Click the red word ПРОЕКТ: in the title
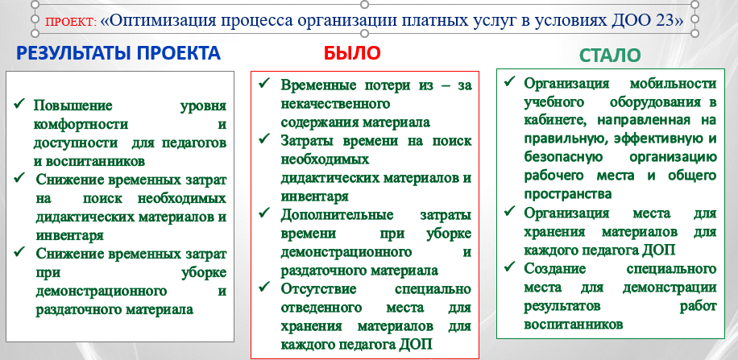[71, 22]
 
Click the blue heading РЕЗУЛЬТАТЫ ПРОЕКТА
[118, 53]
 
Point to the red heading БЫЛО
[351, 53]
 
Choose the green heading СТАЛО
[610, 56]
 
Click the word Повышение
[73, 106]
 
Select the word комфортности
[81, 125]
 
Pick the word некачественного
[336, 104]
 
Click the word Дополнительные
[337, 216]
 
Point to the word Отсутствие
[318, 288]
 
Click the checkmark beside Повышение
[19, 103]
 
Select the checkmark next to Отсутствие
[264, 286]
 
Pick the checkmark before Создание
[509, 267]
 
